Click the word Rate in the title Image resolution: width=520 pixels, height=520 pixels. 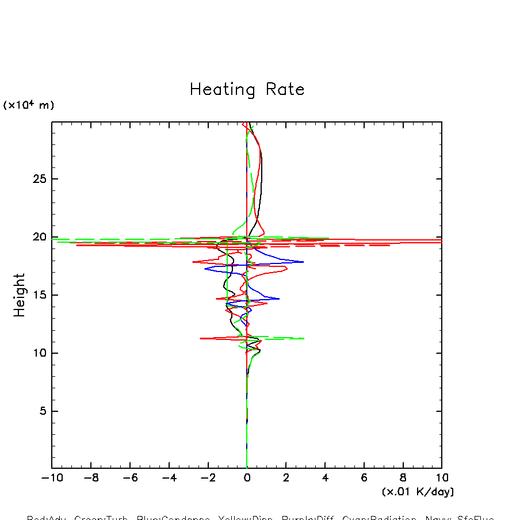(285, 90)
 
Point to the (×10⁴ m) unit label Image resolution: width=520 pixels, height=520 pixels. (29, 105)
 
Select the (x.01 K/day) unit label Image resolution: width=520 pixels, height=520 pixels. (418, 492)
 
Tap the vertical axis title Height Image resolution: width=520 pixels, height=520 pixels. (20, 295)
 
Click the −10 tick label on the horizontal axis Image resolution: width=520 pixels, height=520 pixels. (52, 478)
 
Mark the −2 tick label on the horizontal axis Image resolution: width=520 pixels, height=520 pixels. (208, 478)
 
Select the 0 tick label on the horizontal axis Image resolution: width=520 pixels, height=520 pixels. (247, 478)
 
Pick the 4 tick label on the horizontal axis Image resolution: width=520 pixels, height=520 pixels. (325, 478)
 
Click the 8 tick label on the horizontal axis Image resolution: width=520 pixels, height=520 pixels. (403, 478)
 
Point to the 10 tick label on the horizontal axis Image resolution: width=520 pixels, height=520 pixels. (442, 478)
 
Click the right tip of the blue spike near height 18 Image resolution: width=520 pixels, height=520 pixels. (303, 262)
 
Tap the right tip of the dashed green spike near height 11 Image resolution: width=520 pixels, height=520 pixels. (304, 338)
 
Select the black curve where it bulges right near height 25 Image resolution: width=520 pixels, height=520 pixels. (262, 173)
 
